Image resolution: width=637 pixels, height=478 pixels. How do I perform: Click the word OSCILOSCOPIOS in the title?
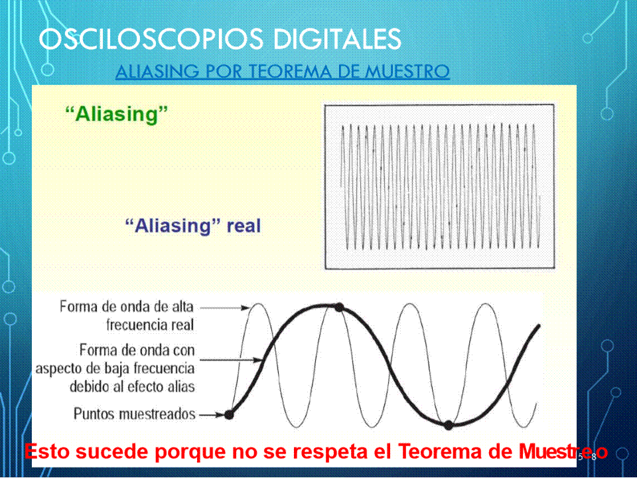pyautogui.click(x=151, y=39)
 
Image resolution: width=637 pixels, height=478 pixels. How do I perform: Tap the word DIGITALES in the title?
pyautogui.click(x=337, y=39)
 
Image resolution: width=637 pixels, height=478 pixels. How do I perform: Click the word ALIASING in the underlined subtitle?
pyautogui.click(x=157, y=71)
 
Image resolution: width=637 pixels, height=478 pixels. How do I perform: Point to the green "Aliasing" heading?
pyautogui.click(x=117, y=114)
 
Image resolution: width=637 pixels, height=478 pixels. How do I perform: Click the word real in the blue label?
pyautogui.click(x=244, y=225)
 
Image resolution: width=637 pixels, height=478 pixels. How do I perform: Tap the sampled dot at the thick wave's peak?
pyautogui.click(x=339, y=307)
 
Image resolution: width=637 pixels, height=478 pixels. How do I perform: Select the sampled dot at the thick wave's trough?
pyautogui.click(x=449, y=425)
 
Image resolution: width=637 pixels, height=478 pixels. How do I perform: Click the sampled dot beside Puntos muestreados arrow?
pyautogui.click(x=229, y=414)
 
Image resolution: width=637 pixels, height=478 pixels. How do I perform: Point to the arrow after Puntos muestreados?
pyautogui.click(x=212, y=414)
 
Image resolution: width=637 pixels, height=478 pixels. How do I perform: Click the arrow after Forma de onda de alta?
pyautogui.click(x=225, y=307)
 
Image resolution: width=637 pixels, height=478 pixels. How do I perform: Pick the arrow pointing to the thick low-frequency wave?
pyautogui.click(x=230, y=360)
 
